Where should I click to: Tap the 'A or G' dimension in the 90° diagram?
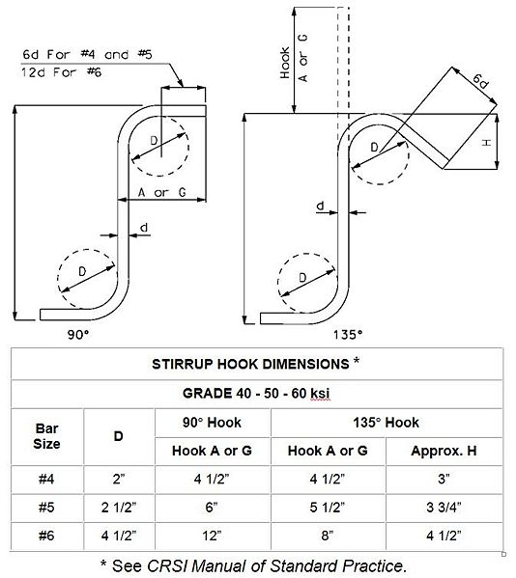tap(161, 192)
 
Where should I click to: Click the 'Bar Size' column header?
tap(46, 435)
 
